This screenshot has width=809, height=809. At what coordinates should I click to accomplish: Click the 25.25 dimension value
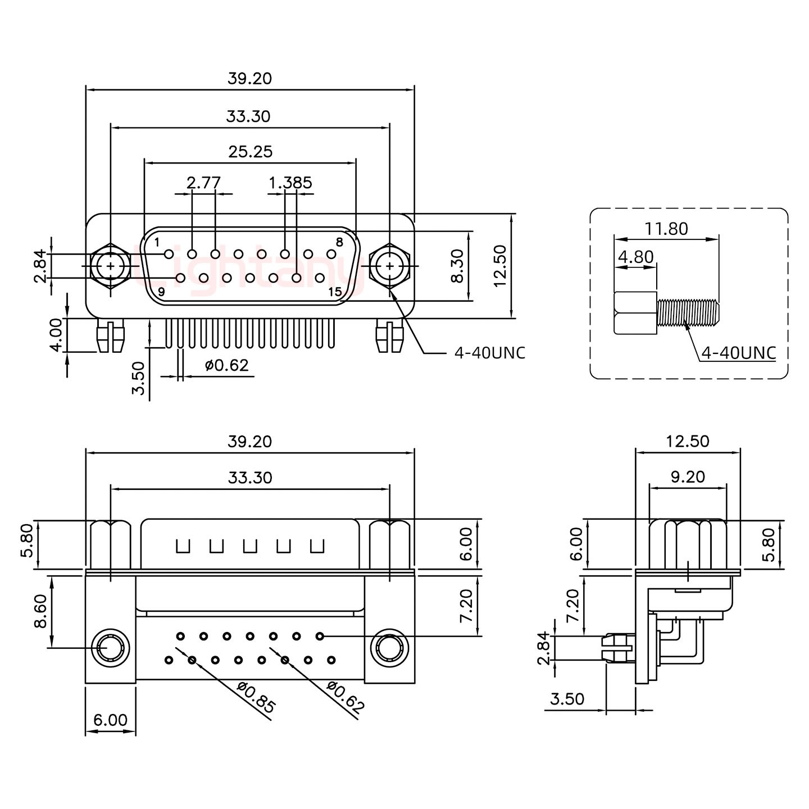coord(250,152)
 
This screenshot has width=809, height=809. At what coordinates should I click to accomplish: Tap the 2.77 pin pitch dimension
coord(203,183)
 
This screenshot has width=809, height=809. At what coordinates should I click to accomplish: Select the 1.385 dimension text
coord(290,183)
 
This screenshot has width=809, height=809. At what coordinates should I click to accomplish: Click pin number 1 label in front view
coord(157,243)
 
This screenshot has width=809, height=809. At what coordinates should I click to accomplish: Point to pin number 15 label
coord(335,292)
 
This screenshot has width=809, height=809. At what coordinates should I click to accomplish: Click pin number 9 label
coord(161,292)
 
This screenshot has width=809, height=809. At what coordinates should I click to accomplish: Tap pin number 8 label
coord(339,243)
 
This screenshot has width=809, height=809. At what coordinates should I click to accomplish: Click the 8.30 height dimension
coord(458,266)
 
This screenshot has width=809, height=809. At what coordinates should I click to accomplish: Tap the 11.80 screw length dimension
coord(666,229)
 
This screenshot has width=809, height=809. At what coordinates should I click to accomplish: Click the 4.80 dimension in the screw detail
coord(635,257)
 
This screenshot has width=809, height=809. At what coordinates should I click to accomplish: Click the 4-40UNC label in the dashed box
coord(739,353)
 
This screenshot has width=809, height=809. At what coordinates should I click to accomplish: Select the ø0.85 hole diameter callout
coord(256,697)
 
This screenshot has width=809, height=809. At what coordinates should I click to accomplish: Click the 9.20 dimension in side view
coord(688,477)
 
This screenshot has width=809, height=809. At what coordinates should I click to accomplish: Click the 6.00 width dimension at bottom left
coord(110,720)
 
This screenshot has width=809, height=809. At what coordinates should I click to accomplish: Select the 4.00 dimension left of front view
coord(56,335)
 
